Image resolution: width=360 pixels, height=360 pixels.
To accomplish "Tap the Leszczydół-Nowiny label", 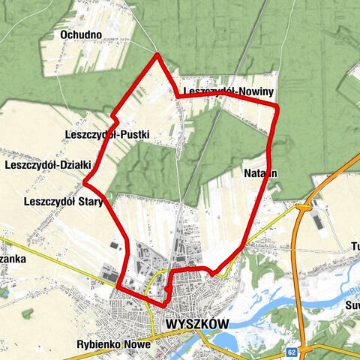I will [x=228, y=91].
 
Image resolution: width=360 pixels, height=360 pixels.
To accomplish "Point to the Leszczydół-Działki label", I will [x=47, y=165].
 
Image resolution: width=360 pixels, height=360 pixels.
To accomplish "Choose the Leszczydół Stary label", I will [x=63, y=202].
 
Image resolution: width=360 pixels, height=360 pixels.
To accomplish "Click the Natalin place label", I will [x=260, y=173].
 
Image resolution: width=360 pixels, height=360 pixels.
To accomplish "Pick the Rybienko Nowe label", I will [x=113, y=344].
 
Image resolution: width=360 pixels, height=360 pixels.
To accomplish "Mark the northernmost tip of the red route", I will [x=157, y=55].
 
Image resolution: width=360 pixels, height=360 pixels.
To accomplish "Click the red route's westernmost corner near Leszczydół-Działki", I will [x=84, y=181].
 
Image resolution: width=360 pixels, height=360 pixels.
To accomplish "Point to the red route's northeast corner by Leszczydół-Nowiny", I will [x=276, y=108].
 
